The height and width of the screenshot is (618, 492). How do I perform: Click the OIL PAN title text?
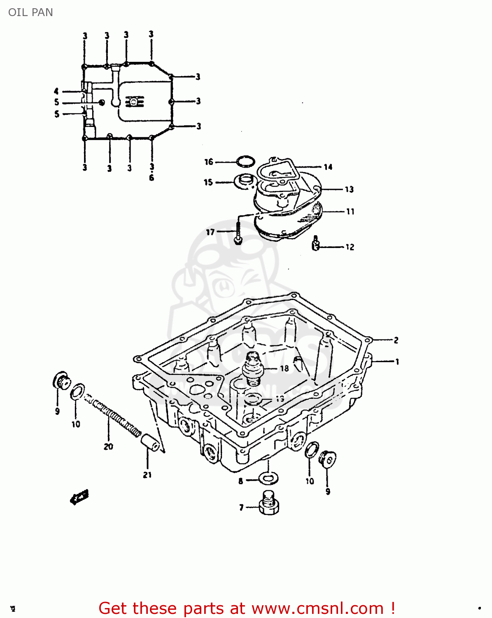[x=30, y=12]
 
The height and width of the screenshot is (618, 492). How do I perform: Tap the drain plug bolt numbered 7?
[x=268, y=503]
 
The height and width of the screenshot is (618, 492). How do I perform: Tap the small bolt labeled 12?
[x=316, y=243]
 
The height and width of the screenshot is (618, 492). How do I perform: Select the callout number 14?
[x=328, y=167]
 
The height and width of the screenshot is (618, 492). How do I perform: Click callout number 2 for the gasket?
[x=396, y=340]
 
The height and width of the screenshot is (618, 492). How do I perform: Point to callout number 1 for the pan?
[x=397, y=362]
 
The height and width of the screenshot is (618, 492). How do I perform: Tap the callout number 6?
[x=152, y=178]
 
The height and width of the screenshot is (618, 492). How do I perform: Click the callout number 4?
[x=56, y=91]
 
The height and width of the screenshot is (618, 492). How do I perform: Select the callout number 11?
[x=350, y=211]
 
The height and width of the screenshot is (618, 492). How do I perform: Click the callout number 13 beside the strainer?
[x=349, y=189]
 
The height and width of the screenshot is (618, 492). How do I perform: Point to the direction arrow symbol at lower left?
[x=79, y=497]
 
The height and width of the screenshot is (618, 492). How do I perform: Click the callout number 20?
[x=108, y=446]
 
